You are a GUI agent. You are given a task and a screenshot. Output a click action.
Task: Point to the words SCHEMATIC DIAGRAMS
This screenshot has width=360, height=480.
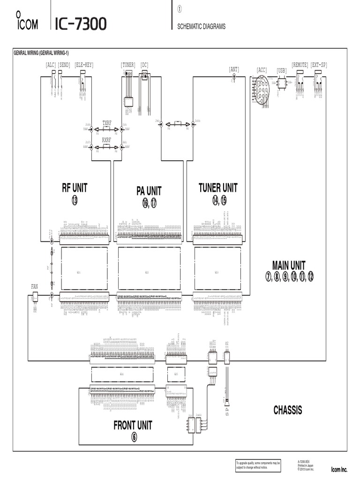(201, 27)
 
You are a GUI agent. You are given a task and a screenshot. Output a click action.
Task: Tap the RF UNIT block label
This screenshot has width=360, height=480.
(75, 188)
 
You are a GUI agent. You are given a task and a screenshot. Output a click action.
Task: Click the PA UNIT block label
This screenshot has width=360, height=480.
(149, 191)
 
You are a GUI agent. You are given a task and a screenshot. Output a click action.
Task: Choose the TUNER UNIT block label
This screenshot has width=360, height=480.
(218, 188)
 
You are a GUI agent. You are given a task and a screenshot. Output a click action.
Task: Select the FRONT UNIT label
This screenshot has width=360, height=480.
(133, 425)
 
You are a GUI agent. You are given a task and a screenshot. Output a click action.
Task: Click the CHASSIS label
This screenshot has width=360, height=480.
(288, 410)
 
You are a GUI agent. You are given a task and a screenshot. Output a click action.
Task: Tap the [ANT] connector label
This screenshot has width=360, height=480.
(234, 69)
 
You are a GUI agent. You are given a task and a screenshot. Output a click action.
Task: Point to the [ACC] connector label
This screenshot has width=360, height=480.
(262, 70)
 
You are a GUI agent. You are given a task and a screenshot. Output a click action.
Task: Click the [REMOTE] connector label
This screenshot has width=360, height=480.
(300, 65)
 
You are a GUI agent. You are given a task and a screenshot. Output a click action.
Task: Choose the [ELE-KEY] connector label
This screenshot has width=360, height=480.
(84, 65)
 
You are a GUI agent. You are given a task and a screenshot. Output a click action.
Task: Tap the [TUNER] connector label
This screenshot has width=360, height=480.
(128, 65)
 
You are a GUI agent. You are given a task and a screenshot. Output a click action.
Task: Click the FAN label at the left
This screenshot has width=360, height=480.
(34, 285)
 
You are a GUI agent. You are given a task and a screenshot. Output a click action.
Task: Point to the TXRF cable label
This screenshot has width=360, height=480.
(106, 123)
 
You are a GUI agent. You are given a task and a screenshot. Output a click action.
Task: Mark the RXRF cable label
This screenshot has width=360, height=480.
(106, 140)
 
